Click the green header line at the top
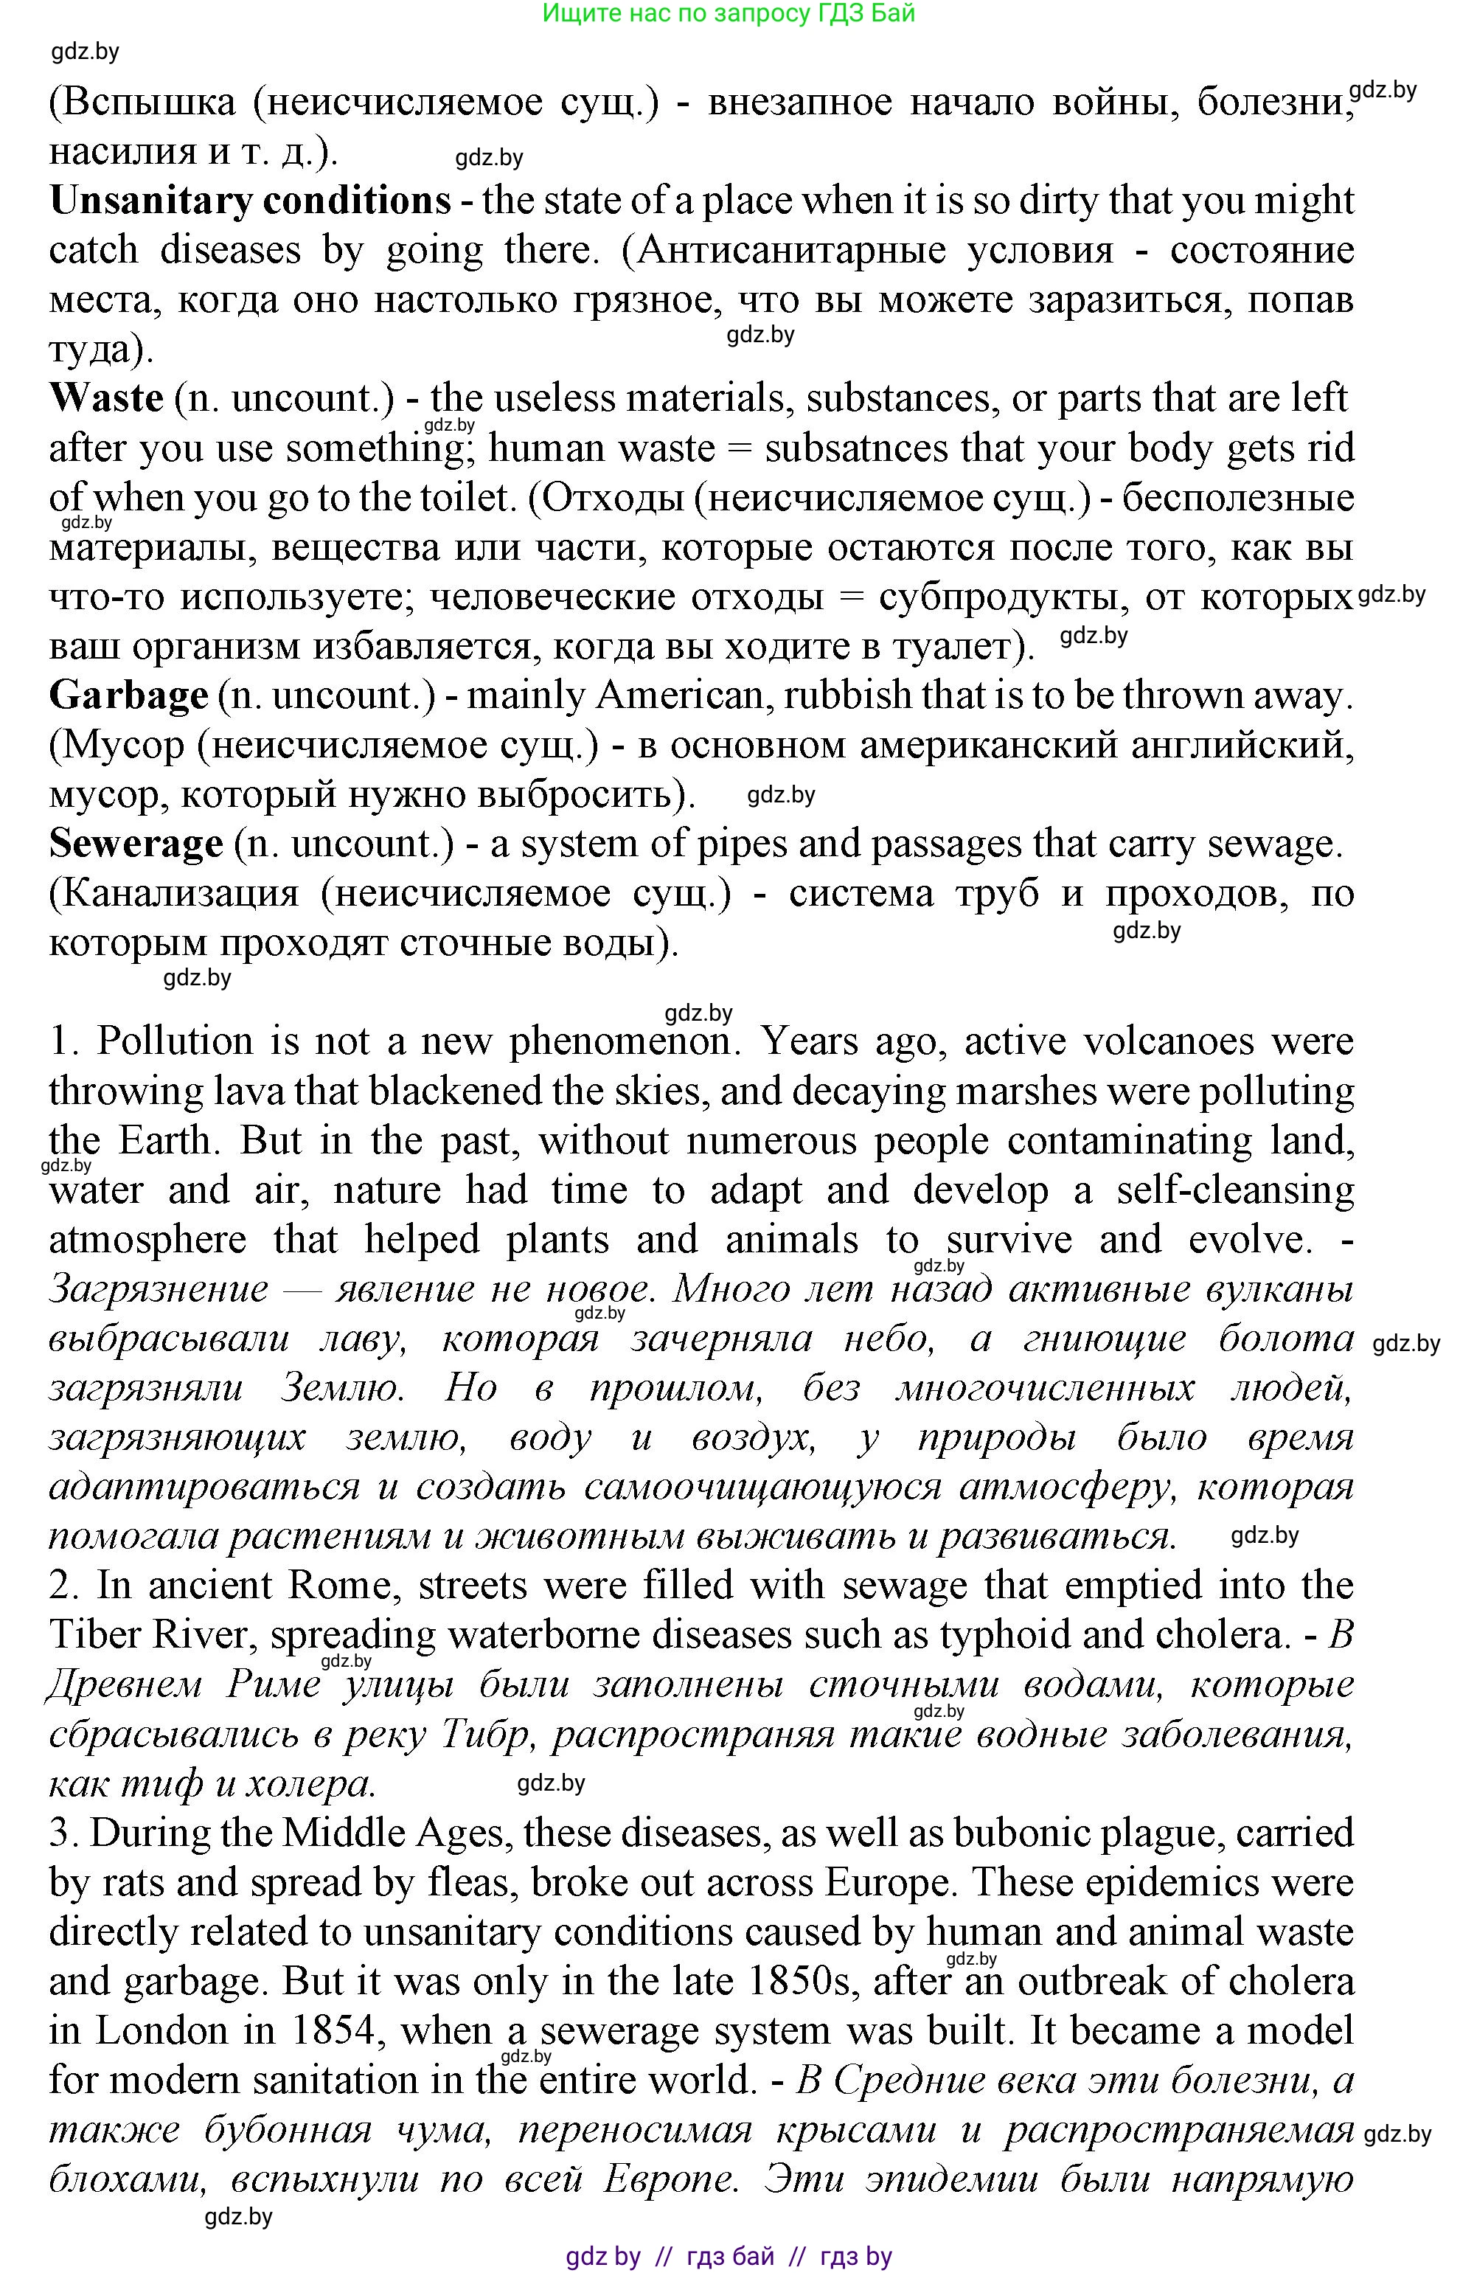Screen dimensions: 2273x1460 click(x=728, y=14)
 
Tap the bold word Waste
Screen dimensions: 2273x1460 click(x=106, y=398)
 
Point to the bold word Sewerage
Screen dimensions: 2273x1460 click(x=136, y=844)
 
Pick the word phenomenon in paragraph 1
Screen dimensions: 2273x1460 click(x=621, y=1042)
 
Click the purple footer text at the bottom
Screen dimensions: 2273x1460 click(x=728, y=2256)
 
